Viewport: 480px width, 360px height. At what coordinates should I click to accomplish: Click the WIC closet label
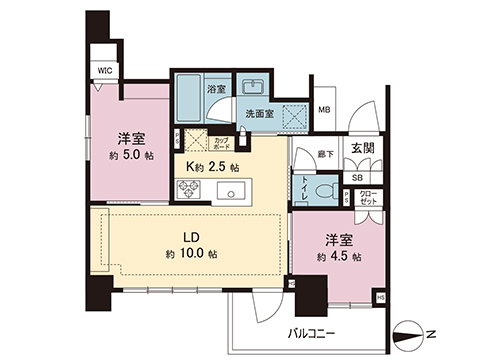pos(103,71)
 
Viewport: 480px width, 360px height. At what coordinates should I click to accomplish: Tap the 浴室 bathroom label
pos(216,90)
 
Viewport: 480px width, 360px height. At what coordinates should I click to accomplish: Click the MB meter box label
pos(325,110)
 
